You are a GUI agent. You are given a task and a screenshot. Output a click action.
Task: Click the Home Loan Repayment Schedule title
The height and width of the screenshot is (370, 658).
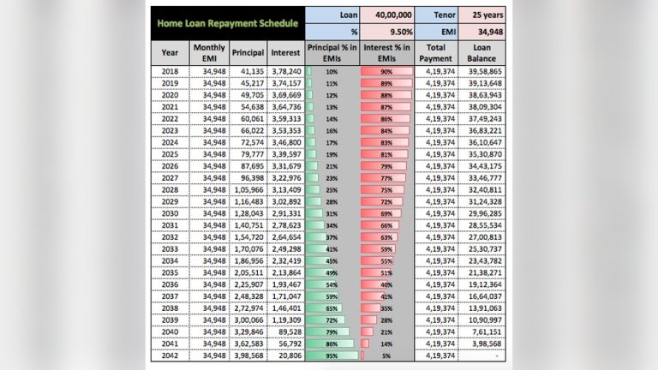227,23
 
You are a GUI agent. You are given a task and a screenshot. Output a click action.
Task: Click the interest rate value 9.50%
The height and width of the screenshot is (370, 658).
388,33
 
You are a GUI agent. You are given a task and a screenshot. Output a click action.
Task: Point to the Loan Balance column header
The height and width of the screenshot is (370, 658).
482,51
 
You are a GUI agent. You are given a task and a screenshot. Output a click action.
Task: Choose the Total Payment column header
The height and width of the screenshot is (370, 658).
436,51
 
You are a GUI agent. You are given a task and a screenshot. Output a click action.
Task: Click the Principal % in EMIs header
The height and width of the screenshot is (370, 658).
331,51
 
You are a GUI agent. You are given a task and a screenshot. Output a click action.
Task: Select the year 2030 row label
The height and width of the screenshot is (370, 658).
170,212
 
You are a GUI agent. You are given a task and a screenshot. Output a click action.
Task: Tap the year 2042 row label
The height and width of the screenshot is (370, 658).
170,355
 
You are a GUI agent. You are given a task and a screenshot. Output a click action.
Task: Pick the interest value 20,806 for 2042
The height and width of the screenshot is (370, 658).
288,355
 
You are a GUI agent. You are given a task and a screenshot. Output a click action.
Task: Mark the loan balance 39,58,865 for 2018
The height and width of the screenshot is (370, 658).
485,71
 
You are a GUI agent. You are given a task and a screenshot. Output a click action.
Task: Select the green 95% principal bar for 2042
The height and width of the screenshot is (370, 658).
330,355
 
